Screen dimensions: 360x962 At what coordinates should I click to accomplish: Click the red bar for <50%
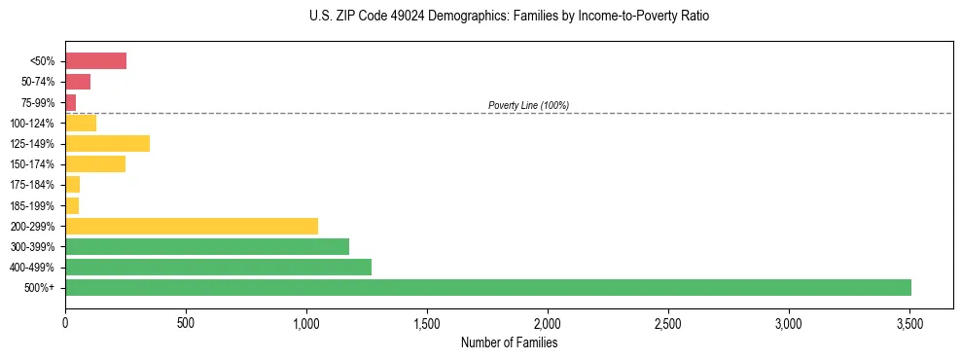point(95,61)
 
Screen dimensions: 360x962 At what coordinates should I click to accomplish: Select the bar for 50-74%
point(78,82)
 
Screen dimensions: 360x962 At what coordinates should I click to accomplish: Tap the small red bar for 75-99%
point(70,102)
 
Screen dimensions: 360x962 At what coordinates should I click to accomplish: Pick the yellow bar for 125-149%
point(107,143)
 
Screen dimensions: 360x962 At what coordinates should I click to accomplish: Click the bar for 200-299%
point(192,226)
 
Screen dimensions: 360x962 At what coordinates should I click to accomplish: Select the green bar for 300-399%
point(207,246)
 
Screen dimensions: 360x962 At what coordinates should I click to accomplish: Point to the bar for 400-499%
point(218,267)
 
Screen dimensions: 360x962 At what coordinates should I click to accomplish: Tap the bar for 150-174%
point(95,163)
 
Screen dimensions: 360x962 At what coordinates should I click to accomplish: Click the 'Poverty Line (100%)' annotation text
point(528,105)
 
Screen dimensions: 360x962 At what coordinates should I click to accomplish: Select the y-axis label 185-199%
point(32,205)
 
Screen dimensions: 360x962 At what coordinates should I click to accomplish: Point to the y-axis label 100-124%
point(32,124)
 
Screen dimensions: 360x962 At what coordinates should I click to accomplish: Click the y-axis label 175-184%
point(32,185)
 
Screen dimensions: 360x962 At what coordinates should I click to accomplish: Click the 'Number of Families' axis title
point(509,342)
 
